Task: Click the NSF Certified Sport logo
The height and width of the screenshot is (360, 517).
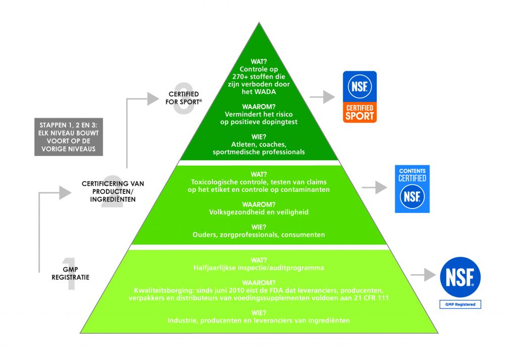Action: click(x=359, y=96)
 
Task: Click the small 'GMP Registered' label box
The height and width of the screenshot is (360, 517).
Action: click(x=459, y=304)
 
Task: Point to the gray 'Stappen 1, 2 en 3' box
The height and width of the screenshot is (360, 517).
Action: click(x=67, y=136)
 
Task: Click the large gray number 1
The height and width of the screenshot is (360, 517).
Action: click(x=70, y=274)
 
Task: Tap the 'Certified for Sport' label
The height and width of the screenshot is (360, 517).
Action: click(x=183, y=98)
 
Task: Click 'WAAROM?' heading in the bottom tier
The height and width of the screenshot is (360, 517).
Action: click(x=258, y=283)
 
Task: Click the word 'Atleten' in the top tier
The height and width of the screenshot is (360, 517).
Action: click(x=230, y=144)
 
